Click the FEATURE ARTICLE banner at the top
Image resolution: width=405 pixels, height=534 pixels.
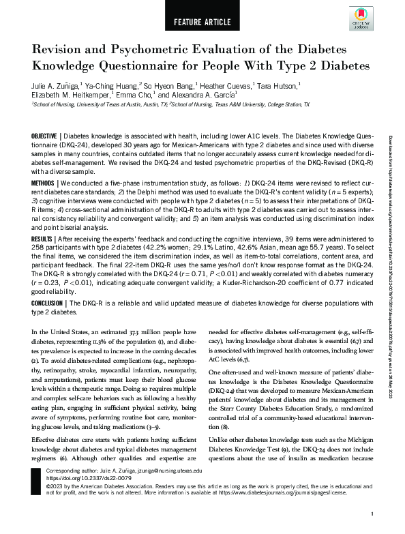pyautogui.click(x=202, y=20)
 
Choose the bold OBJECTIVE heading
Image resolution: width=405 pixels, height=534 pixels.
pyautogui.click(x=46, y=136)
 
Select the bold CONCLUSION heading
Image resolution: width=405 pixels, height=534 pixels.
pyautogui.click(x=50, y=302)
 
